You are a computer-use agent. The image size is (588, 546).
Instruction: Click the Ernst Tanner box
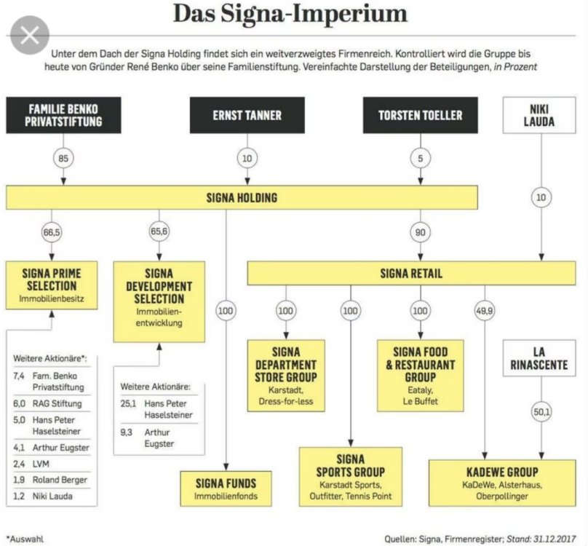pos(247,115)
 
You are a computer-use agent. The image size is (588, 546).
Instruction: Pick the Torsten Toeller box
pos(420,115)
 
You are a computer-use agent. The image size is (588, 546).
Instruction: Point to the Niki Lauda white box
pos(539,115)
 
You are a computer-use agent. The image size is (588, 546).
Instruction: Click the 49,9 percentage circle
pos(482,311)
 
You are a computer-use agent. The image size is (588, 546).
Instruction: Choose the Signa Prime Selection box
pos(52,285)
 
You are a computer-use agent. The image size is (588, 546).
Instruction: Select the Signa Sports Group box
pos(351,476)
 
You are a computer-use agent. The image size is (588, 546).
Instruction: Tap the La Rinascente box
pos(539,357)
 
